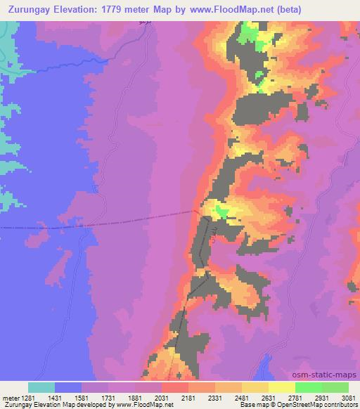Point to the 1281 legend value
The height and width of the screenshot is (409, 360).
28,398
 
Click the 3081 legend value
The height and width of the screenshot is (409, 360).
347,398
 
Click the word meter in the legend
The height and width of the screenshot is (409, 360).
9,398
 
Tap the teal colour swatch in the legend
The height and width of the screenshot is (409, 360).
41,387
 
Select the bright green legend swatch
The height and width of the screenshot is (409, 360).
308,387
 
